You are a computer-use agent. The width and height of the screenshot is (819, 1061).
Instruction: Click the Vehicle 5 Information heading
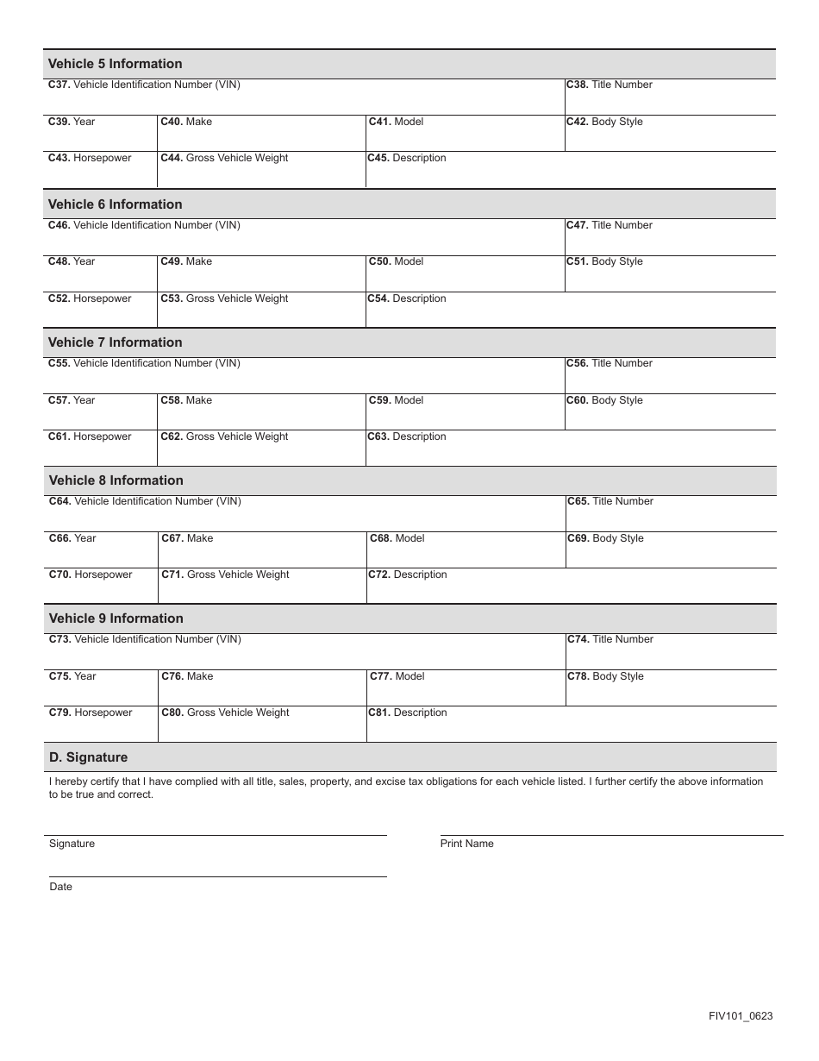pyautogui.click(x=116, y=64)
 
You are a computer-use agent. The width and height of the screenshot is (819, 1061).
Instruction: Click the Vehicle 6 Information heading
pyautogui.click(x=116, y=204)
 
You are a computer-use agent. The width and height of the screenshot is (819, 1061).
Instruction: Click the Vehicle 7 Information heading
pyautogui.click(x=116, y=342)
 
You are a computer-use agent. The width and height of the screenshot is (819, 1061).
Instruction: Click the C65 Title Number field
pyautogui.click(x=671, y=518)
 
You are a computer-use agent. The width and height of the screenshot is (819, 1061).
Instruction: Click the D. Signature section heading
pyautogui.click(x=89, y=757)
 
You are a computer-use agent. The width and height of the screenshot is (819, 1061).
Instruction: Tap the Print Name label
pyautogui.click(x=467, y=844)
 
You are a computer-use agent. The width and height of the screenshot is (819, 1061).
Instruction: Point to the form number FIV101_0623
pyautogui.click(x=741, y=1016)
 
